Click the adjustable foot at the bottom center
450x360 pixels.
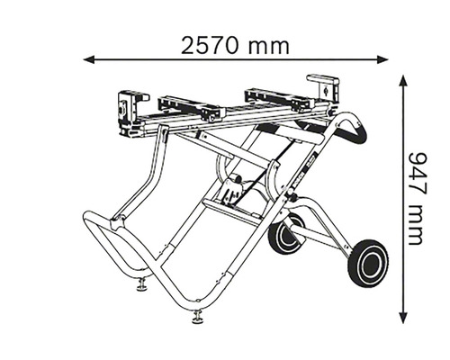[197, 317]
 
